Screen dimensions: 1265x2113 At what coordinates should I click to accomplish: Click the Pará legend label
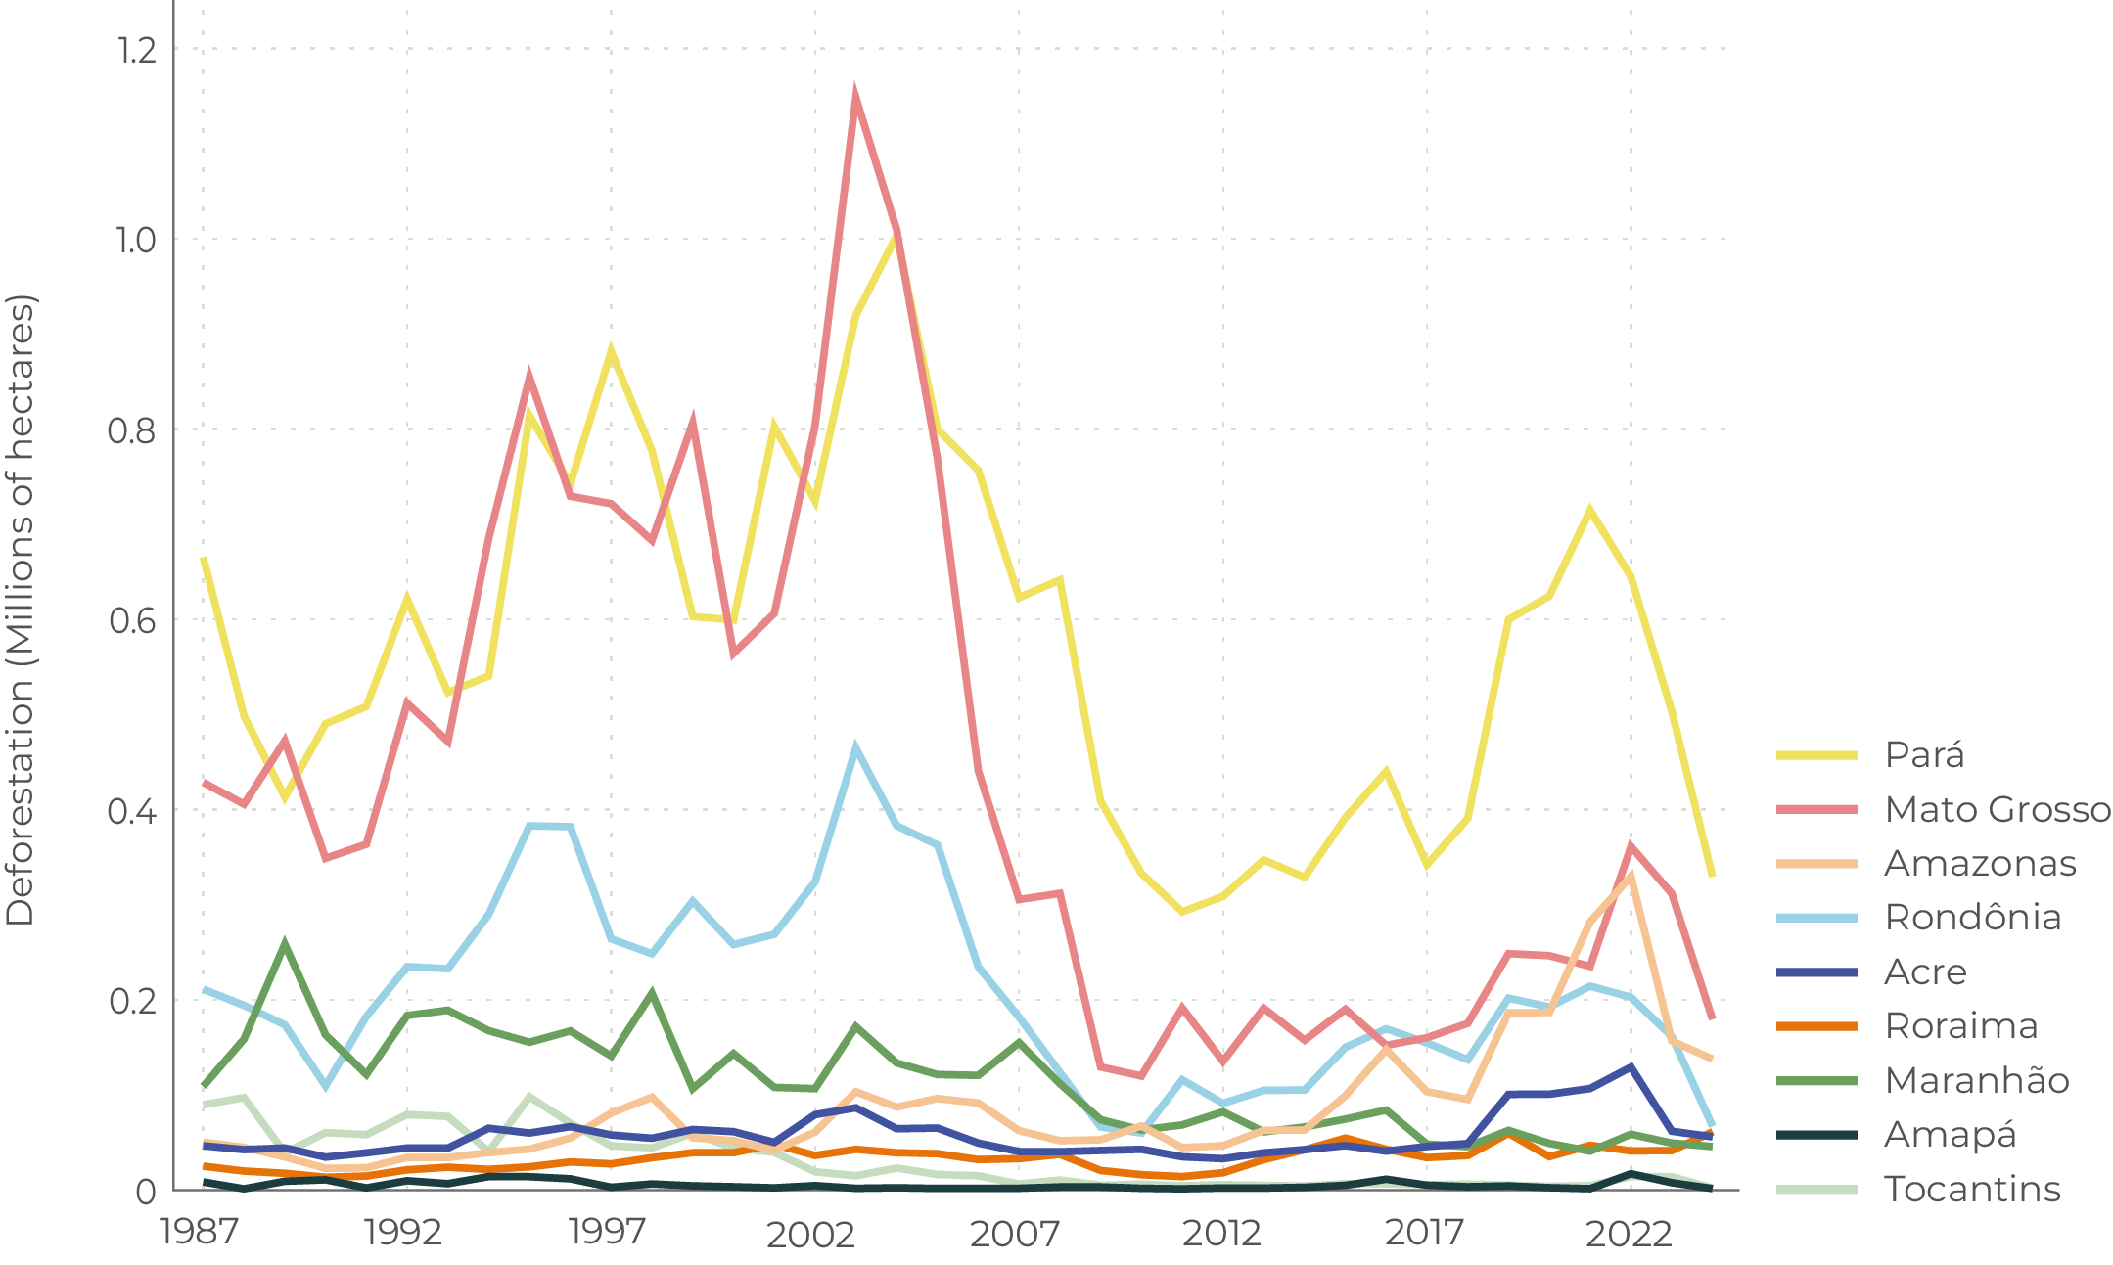point(1924,755)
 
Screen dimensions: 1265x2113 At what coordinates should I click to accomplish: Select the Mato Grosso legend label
point(1997,809)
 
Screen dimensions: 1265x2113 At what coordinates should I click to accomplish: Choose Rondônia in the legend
point(1972,918)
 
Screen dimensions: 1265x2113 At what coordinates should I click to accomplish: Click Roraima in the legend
point(1961,1026)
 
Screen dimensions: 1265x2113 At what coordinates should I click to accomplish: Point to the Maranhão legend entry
point(1977,1081)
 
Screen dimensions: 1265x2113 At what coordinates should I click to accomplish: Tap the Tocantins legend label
point(1972,1190)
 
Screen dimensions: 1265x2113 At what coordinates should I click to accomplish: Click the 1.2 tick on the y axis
point(136,50)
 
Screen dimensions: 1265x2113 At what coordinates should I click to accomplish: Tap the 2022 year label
point(1629,1235)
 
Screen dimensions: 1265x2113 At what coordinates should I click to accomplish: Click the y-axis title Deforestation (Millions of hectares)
point(21,610)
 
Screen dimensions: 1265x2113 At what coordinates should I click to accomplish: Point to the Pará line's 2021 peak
point(1588,509)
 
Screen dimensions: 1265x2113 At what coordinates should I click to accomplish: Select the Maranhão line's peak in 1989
point(284,943)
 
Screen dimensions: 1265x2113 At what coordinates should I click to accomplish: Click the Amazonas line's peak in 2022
point(1630,874)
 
